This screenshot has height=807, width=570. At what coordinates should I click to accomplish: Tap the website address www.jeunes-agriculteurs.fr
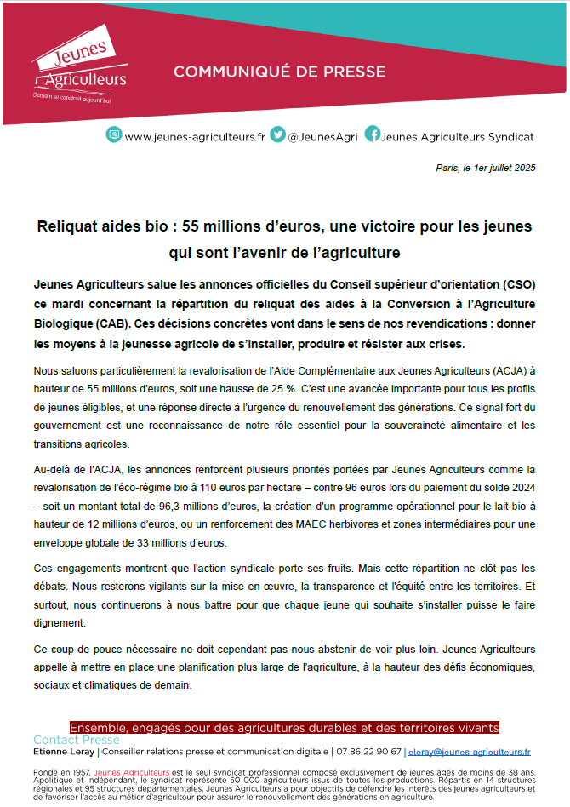click(195, 136)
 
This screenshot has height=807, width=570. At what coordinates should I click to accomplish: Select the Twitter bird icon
click(277, 134)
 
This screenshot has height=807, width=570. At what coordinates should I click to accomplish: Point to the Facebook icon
click(372, 134)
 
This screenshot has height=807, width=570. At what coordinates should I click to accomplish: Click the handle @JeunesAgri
click(322, 136)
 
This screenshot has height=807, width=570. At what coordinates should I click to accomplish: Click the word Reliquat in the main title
click(69, 227)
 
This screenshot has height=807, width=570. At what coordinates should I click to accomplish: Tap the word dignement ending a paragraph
click(60, 624)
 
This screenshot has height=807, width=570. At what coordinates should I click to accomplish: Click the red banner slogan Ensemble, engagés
click(284, 728)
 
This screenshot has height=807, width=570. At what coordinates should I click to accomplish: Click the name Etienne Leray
click(64, 753)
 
